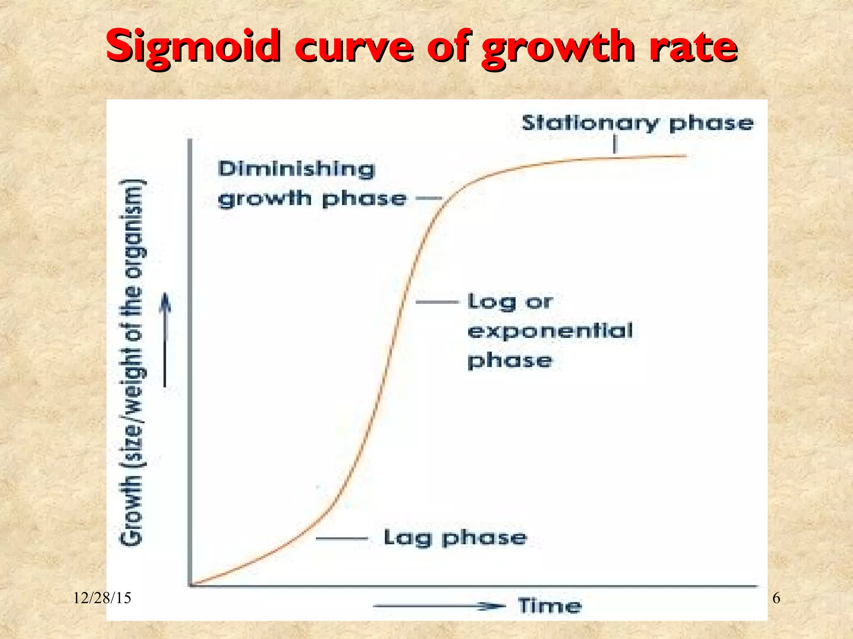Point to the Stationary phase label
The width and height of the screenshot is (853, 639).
tap(637, 124)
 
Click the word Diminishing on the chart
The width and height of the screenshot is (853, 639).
tap(297, 169)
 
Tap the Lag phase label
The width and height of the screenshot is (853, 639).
tap(455, 537)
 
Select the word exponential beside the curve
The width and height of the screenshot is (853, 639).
tap(550, 331)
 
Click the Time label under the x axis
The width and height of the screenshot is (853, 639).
tap(550, 605)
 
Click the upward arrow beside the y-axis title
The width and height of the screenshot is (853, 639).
tap(166, 339)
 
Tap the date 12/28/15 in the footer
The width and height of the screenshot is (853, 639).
tap(102, 598)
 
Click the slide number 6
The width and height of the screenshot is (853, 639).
tap(776, 598)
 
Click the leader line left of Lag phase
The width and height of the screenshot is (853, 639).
tap(342, 539)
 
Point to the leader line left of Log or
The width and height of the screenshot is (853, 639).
tap(437, 302)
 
